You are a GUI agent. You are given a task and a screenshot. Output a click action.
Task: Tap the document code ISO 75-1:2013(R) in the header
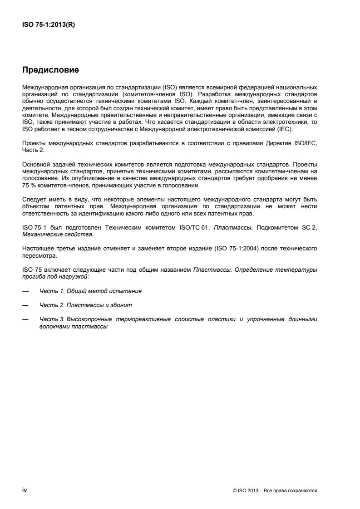coord(49,25)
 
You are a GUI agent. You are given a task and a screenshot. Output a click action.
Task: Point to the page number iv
coord(25,490)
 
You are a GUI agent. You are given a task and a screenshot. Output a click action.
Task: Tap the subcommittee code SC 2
coord(309,227)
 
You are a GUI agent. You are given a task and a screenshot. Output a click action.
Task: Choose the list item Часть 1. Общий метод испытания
coord(93,290)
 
